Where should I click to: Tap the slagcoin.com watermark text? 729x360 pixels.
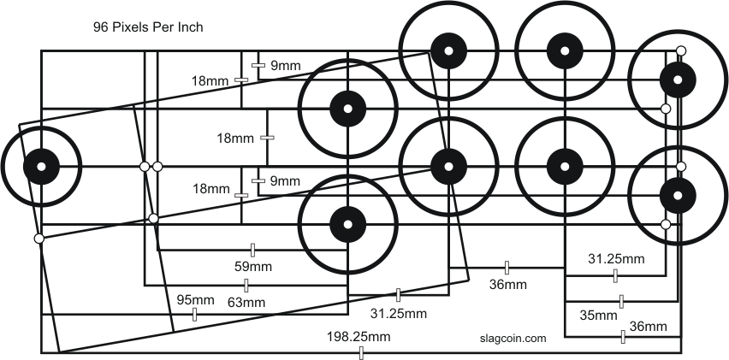tap(513, 339)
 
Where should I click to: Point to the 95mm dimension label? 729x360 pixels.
tap(195, 299)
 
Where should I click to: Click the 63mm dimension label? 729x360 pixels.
tap(246, 302)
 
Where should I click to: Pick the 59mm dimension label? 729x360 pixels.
tap(252, 265)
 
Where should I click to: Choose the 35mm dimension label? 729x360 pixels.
tap(598, 316)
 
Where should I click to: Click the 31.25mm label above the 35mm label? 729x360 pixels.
tap(616, 258)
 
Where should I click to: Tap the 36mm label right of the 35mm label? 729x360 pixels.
tap(648, 326)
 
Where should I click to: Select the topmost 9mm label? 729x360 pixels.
tap(284, 64)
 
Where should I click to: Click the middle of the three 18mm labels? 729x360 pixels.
tap(235, 138)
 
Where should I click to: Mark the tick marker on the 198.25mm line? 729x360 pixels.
tap(361, 352)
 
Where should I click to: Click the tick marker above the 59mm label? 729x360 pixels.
tap(252, 250)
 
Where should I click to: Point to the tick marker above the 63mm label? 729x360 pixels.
tap(246, 286)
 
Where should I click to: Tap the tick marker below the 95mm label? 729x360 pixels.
tap(195, 316)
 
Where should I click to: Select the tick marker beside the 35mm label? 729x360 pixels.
tap(621, 301)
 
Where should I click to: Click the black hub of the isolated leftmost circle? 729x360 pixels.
tap(40, 166)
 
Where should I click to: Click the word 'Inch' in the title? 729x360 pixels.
tap(187, 27)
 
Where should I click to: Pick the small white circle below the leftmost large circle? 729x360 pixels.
tap(39, 239)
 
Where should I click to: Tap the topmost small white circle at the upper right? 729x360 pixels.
tap(679, 51)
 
